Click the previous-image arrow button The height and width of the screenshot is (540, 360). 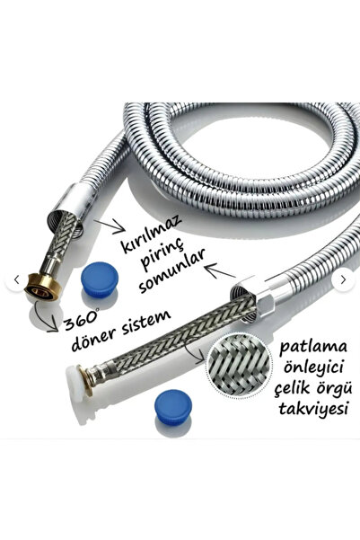(x=16, y=280)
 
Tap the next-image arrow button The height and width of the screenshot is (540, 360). (x=343, y=280)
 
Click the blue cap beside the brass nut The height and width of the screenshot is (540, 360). (x=100, y=279)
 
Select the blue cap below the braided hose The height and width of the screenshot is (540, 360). (x=173, y=407)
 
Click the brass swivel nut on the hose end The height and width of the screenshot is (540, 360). (x=43, y=287)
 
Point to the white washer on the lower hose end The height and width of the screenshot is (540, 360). (x=75, y=384)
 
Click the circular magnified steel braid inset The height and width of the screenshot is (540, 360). (x=239, y=365)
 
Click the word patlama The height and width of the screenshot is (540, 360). (x=312, y=347)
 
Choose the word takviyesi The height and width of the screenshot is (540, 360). (x=312, y=409)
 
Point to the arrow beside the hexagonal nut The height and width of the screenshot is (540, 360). (x=220, y=270)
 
